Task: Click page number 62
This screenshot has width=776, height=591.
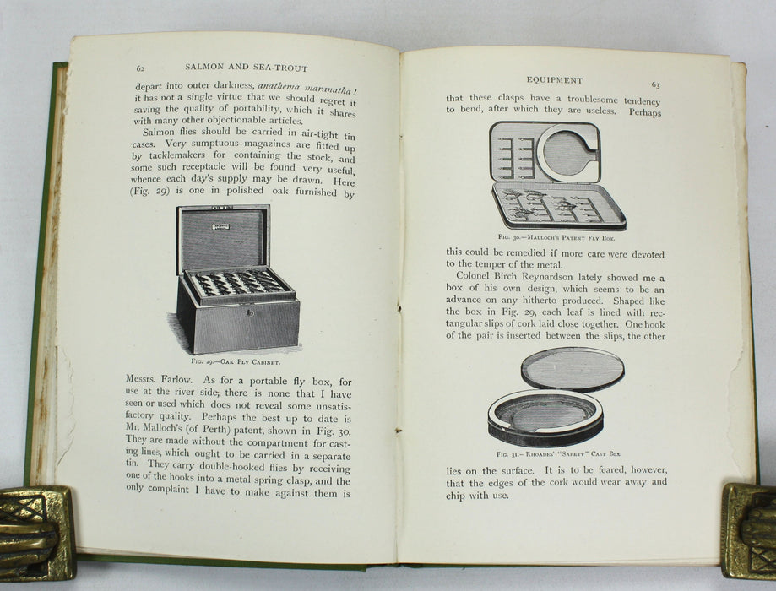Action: pos(140,68)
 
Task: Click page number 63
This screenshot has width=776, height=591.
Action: pos(655,85)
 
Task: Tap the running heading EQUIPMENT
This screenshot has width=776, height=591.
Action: pos(554,80)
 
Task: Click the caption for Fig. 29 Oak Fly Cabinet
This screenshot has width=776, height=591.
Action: pos(236,362)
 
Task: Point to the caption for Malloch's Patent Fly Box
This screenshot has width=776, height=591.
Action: pos(556,237)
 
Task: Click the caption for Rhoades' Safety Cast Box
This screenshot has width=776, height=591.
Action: pos(559,453)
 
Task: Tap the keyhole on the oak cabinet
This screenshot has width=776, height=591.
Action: pos(251,313)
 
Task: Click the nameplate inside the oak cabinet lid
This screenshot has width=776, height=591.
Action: pos(220,227)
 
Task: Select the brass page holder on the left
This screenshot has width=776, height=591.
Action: pos(37,532)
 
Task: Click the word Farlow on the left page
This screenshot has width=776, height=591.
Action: pos(176,380)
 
